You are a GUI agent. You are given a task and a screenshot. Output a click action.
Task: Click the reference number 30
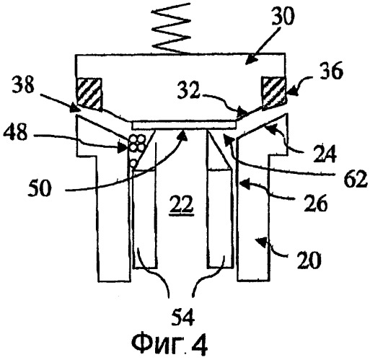click(x=283, y=15)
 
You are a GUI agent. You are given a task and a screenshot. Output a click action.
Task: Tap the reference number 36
click(x=330, y=71)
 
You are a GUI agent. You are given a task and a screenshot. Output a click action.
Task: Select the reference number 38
click(x=24, y=84)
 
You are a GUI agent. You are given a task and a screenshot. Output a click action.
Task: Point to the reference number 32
click(x=189, y=91)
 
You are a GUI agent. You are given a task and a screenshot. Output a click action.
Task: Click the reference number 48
click(x=15, y=132)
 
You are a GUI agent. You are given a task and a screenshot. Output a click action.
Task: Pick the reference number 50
click(x=40, y=188)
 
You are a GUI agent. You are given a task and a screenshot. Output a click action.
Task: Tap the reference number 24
click(x=325, y=154)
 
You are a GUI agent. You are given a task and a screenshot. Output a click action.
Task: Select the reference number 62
click(x=356, y=179)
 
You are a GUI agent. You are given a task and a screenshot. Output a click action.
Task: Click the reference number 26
click(x=316, y=203)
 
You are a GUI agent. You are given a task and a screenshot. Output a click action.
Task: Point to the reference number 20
click(x=309, y=260)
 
